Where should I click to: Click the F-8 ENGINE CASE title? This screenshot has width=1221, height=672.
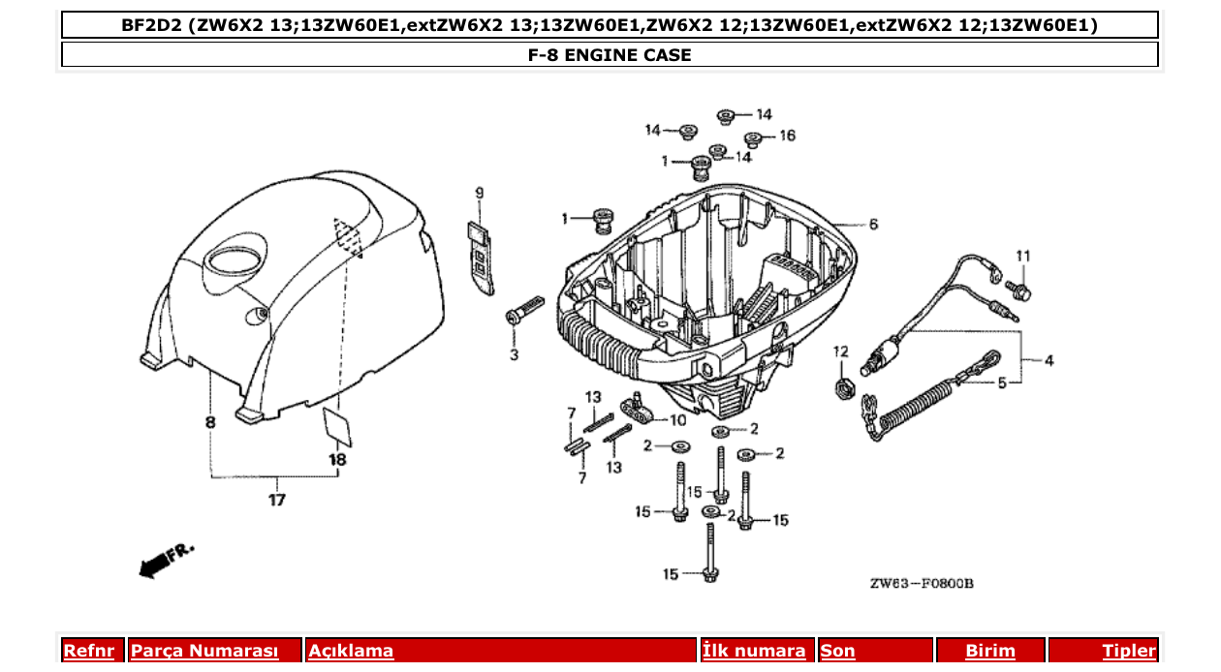point(610,55)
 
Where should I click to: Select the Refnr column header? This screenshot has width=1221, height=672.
point(88,651)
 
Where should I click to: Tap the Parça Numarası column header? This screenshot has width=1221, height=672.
point(204,651)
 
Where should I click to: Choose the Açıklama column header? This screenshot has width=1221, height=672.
point(351,651)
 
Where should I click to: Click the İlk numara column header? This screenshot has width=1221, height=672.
point(754,651)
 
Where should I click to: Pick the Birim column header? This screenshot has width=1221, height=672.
point(989,651)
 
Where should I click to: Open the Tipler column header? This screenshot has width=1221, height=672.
point(1129,651)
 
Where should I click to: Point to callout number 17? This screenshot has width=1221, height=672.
point(277,501)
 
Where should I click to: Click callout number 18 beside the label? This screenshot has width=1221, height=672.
point(337,460)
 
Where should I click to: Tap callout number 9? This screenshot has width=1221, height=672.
point(479,194)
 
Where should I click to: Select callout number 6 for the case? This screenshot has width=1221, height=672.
point(873,225)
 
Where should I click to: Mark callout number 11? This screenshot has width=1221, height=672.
point(1021,255)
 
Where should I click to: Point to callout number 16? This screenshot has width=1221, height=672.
point(787,136)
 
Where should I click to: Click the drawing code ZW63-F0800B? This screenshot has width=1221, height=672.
point(921,583)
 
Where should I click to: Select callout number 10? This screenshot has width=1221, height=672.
point(677,419)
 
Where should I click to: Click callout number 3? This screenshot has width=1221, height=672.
point(515,355)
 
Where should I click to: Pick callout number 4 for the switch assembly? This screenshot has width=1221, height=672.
point(1049,360)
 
